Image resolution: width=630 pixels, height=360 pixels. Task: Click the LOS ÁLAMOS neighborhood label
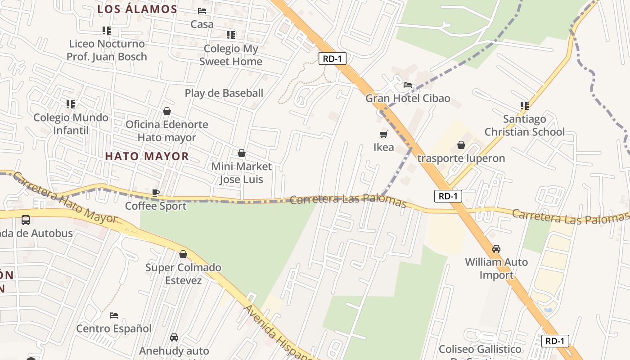[x=137, y=9]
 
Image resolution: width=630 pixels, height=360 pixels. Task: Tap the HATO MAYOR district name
[x=147, y=156]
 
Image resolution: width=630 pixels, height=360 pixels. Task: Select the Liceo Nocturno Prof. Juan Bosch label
[x=107, y=50]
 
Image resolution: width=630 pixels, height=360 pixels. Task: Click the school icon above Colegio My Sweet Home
[x=231, y=35]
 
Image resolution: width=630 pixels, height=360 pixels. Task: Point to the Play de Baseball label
[x=224, y=93]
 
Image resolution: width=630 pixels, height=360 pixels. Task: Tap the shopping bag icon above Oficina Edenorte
[x=167, y=111]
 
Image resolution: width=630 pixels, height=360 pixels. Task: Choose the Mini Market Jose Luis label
[x=241, y=173]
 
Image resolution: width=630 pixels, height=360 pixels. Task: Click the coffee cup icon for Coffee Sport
[x=156, y=193]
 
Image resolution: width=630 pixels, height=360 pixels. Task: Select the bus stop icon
[x=26, y=220]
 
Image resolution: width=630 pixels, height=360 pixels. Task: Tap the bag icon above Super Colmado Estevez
[x=183, y=254]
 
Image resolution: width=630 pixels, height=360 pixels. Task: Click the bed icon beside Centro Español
[x=114, y=315]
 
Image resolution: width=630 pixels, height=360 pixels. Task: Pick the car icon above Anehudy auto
[x=174, y=337]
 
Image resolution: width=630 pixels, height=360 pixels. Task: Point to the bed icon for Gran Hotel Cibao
[x=408, y=85]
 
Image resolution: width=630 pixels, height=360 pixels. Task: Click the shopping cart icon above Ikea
[x=384, y=134]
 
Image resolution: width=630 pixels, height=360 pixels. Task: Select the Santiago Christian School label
[x=524, y=126]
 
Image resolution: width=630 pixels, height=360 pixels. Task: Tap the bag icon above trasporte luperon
[x=461, y=145]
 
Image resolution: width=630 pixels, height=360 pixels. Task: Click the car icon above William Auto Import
[x=496, y=248]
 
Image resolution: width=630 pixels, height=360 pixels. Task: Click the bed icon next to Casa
[x=202, y=11]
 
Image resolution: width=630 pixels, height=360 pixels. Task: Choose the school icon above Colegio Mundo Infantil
[x=71, y=104]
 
